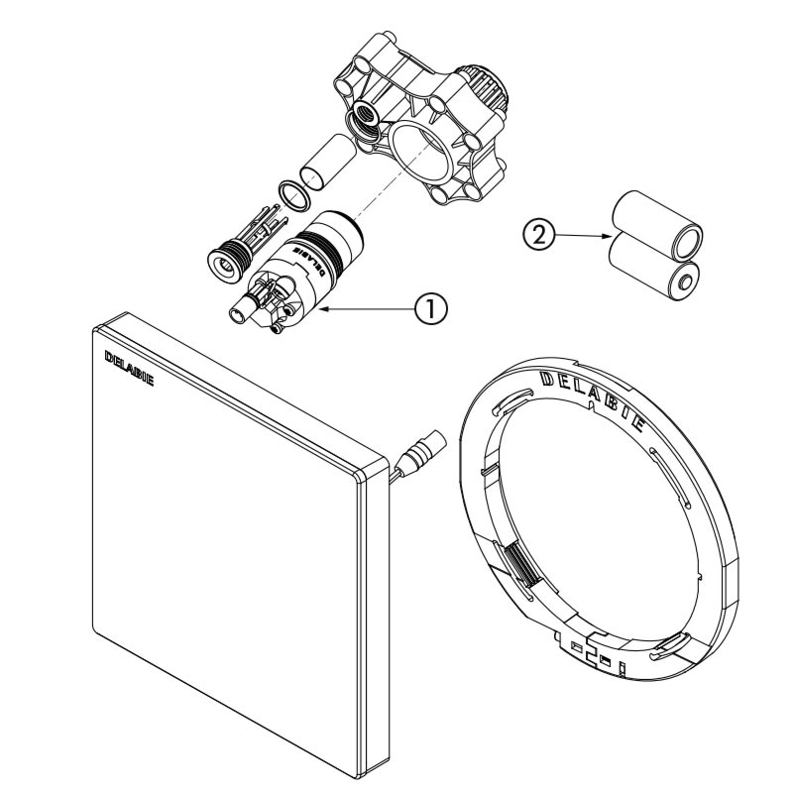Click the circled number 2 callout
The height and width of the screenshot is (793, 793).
pos(536,234)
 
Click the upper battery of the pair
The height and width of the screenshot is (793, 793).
pos(656,220)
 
